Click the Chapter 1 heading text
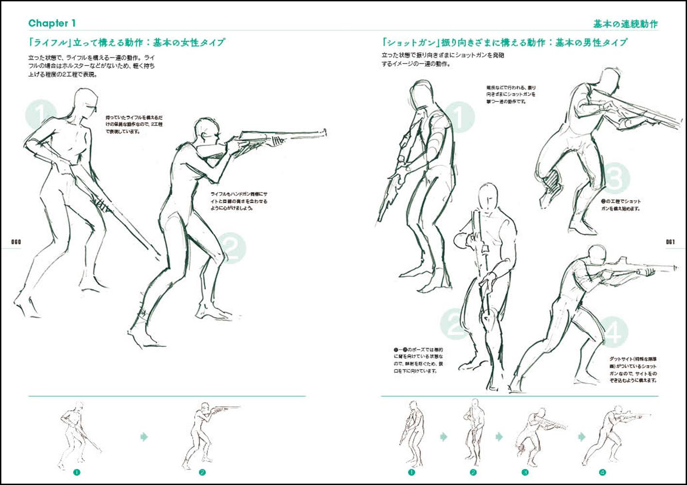(52, 23)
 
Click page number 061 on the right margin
(671, 242)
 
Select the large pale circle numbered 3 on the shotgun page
(614, 178)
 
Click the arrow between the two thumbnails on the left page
(144, 437)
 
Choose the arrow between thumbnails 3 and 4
(581, 437)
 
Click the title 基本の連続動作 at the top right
(625, 24)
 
